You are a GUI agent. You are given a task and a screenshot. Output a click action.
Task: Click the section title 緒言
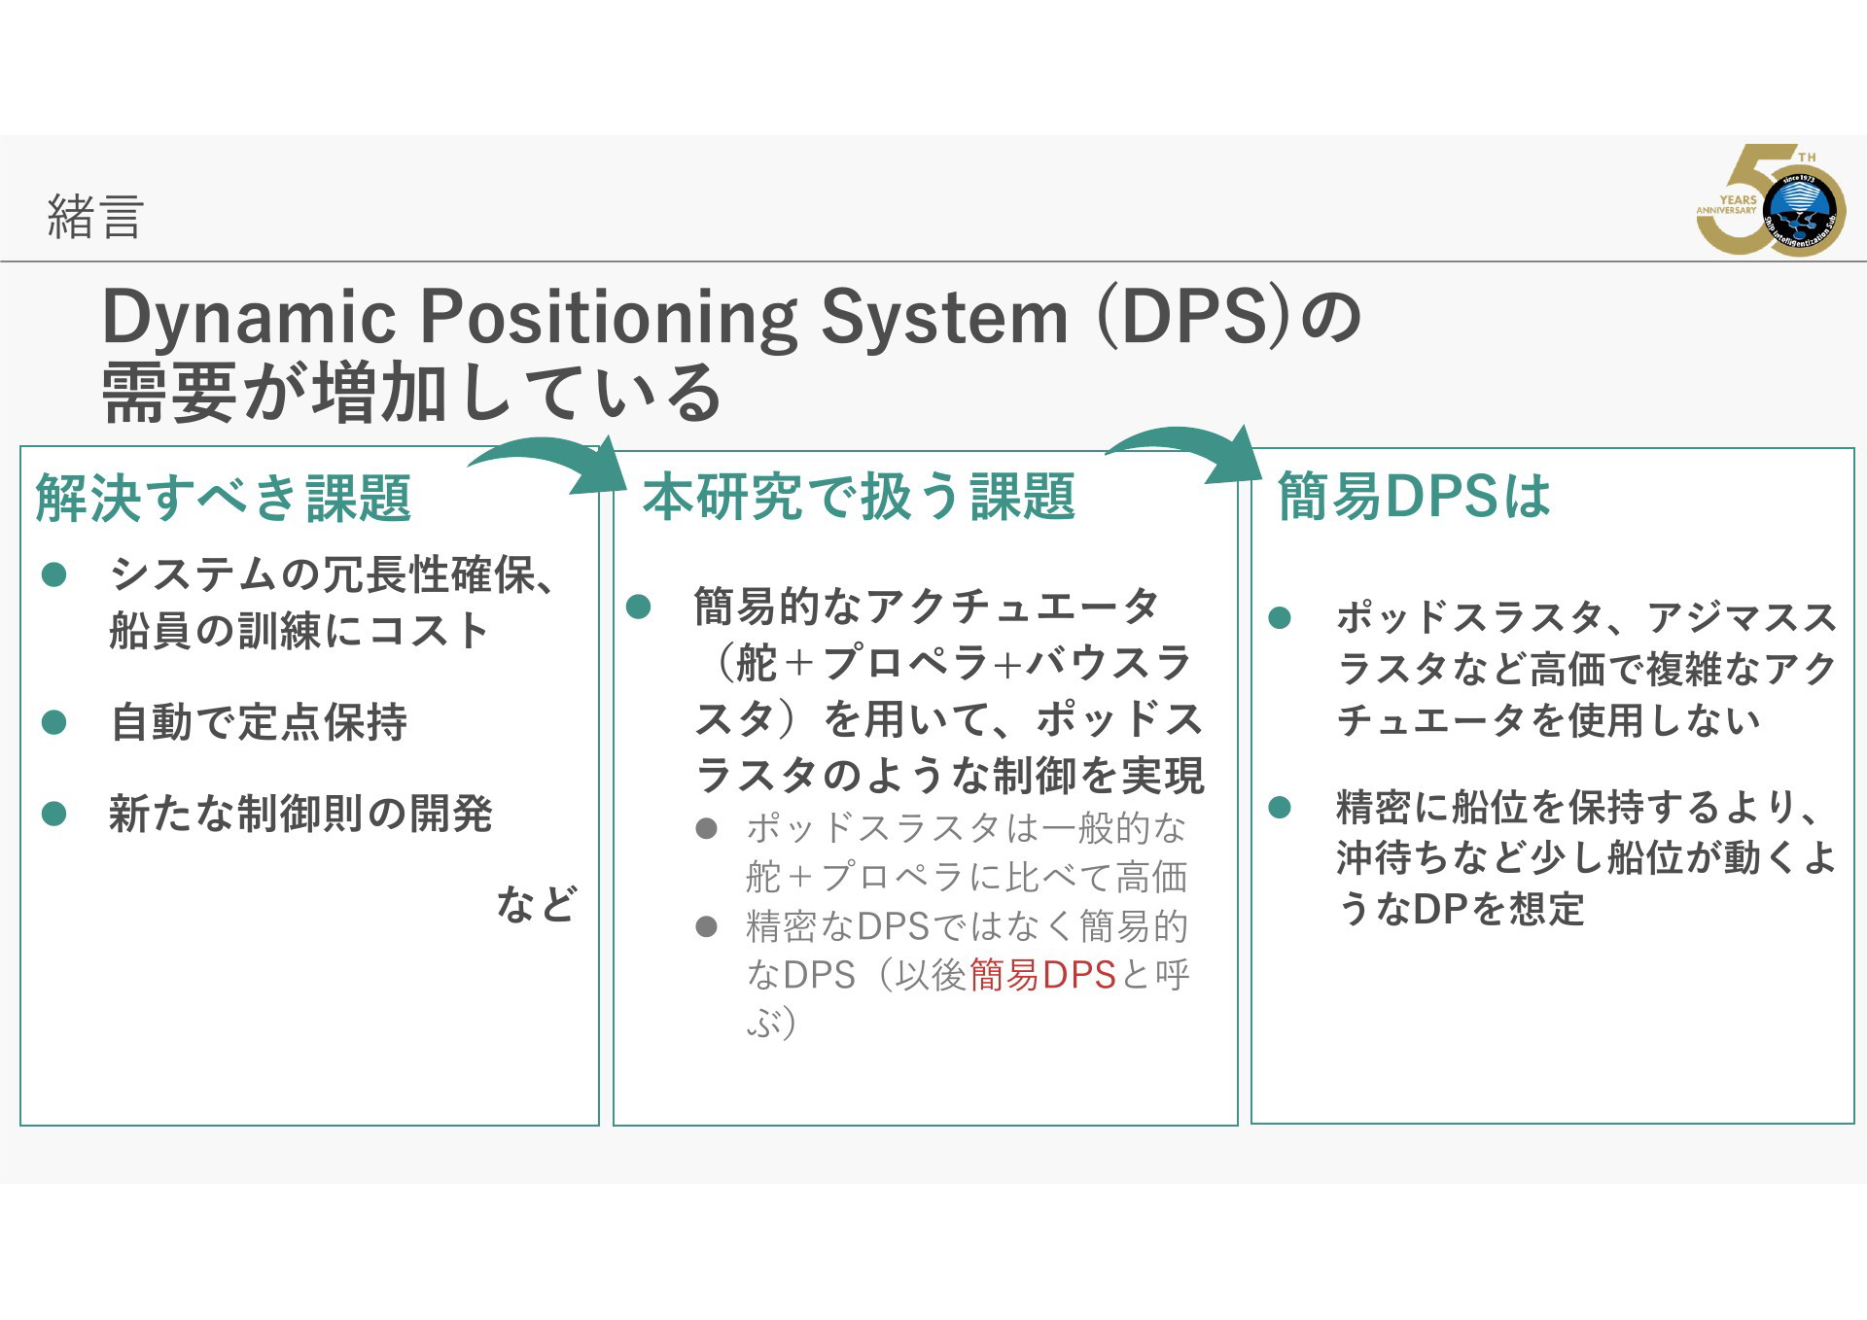coord(95,216)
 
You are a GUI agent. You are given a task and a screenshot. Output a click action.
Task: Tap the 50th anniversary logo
coord(1771,200)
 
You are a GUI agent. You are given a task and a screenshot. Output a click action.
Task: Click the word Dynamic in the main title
coord(249,318)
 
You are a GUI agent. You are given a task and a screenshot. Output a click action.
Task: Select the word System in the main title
coord(943,316)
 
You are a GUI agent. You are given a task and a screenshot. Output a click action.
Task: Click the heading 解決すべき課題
coord(224,498)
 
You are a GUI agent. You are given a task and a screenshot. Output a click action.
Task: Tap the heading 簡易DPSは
coord(1414,496)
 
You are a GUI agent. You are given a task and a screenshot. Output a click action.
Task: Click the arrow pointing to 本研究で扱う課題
coord(549,457)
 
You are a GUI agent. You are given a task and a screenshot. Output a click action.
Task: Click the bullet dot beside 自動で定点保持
coord(54,722)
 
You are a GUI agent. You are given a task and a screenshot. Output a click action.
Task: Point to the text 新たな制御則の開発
coord(300,813)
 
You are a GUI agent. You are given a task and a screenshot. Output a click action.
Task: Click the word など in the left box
coord(537,904)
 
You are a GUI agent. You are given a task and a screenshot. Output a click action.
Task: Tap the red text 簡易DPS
coord(1042,975)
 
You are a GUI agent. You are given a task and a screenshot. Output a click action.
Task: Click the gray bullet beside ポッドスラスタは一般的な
coord(707,829)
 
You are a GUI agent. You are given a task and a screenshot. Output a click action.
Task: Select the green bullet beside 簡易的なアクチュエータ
coord(639,608)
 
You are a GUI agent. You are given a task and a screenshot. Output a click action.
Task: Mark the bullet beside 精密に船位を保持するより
coord(1281,807)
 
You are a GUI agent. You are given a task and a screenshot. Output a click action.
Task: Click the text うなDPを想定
coord(1461,909)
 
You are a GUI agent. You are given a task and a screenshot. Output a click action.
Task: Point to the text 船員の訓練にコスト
coord(299,631)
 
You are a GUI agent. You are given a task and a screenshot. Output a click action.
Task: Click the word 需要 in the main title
coord(169,393)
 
